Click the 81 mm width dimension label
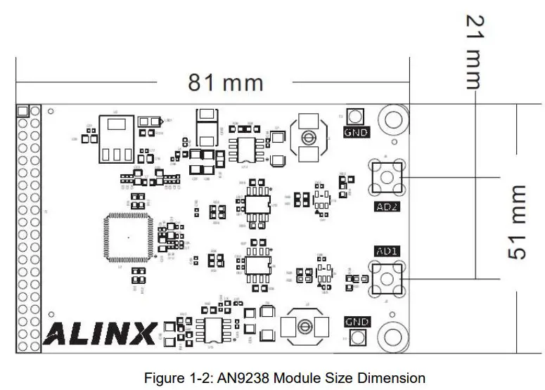tap(225, 83)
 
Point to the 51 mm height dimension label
tap(517, 222)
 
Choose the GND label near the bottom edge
tap(357, 322)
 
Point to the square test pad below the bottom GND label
tap(357, 338)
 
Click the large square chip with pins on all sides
tap(127, 238)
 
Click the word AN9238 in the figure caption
tap(252, 378)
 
